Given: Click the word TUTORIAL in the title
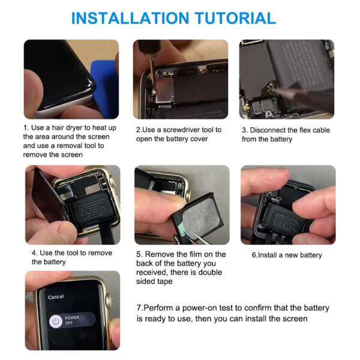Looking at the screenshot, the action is tap(235, 18).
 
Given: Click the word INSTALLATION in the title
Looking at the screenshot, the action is tap(130, 18).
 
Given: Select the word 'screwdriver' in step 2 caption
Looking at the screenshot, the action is tap(181, 130).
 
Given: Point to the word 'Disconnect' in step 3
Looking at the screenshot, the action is tap(267, 130).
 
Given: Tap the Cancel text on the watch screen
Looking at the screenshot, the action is tap(56, 297).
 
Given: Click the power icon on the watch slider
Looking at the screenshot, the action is tap(56, 321).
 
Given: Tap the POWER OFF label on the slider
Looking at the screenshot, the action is tap(71, 320).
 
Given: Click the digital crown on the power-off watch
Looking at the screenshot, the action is tap(108, 301).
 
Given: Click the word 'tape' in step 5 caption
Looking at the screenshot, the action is tap(164, 281).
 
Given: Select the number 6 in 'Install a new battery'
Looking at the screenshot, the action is tap(254, 255).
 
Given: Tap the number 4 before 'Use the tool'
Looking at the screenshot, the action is tap(34, 253).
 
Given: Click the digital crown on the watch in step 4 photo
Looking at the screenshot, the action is tap(113, 183).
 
